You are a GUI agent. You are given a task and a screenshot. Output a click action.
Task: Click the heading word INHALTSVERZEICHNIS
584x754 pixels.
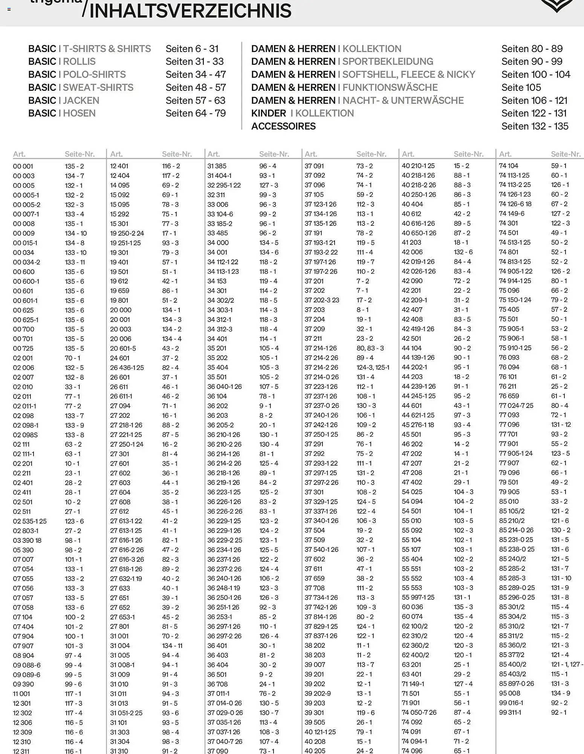coord(190,11)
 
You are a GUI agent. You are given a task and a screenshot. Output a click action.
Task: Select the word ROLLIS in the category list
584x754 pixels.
coord(79,61)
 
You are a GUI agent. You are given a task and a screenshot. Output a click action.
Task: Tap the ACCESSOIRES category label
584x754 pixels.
coord(283,126)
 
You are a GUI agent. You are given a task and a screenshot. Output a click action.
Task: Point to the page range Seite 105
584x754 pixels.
coord(521,87)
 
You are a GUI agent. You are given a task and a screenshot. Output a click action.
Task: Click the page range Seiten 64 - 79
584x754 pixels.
coord(196,113)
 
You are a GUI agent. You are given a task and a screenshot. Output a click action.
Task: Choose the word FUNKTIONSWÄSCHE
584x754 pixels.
coord(390,87)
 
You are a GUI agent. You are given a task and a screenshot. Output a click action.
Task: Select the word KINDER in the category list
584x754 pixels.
coord(269,113)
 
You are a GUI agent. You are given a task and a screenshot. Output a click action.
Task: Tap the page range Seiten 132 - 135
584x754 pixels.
coord(535,126)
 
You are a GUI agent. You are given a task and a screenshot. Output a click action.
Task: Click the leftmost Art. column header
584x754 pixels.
coord(19,154)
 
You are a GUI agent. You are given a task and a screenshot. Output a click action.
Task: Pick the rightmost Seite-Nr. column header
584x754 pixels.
coord(566,154)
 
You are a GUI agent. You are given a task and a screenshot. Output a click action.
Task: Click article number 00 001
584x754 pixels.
coord(23,166)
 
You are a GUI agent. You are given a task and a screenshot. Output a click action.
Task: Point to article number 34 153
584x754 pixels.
coord(217,281)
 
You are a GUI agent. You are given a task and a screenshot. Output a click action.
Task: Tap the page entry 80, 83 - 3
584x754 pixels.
coord(370,348)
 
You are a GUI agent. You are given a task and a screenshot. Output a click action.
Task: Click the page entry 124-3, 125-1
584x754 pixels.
coord(373,367)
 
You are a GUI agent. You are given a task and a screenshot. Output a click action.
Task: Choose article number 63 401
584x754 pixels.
coord(411,674)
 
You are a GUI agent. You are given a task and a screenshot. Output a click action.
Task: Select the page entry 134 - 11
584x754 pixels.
coord(172,646)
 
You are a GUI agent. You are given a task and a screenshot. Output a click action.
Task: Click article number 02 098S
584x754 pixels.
coord(25,435)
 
